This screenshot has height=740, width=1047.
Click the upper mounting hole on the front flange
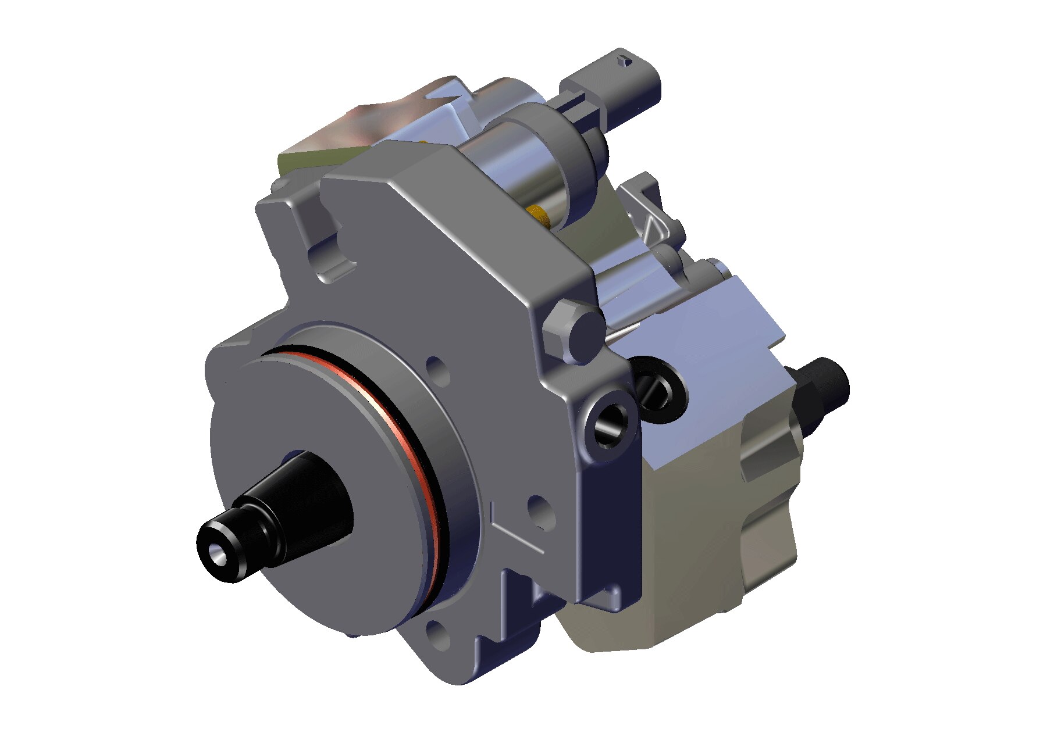437,370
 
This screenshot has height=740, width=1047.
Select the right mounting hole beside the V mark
540,512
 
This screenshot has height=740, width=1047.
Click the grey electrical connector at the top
617,87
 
